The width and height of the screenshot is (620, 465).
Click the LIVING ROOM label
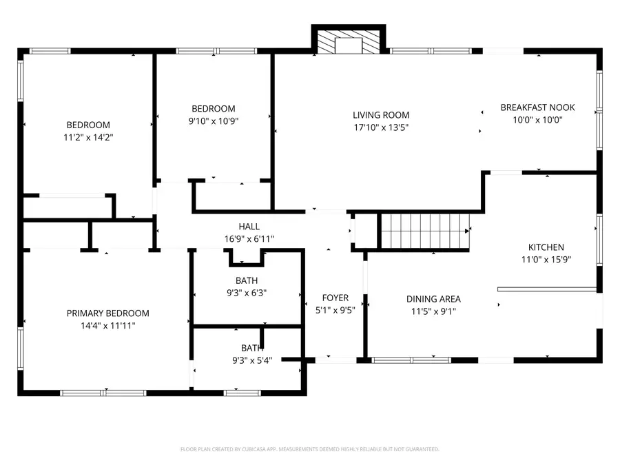point(381,115)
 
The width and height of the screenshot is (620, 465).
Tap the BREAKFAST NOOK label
point(537,107)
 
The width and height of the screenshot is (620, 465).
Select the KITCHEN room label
point(546,247)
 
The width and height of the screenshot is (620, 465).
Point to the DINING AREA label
point(433,299)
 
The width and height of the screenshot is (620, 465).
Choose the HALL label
point(249,227)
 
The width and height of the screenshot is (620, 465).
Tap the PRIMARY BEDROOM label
point(107,313)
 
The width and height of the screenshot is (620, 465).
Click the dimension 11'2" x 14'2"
point(87,137)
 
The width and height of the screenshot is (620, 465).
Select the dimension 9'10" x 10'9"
point(213,121)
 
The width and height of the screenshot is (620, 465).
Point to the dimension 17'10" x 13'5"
point(381,127)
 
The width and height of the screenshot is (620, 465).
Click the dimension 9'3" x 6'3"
point(247,292)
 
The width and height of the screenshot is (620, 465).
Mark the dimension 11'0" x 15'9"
point(546,260)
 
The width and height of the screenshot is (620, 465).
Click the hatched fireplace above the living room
point(349,43)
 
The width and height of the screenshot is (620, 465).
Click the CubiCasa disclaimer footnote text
point(309,449)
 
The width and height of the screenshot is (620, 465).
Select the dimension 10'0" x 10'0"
point(537,120)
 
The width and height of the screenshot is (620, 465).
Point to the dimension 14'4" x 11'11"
point(107,325)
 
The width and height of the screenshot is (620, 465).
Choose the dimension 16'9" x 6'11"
point(249,239)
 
